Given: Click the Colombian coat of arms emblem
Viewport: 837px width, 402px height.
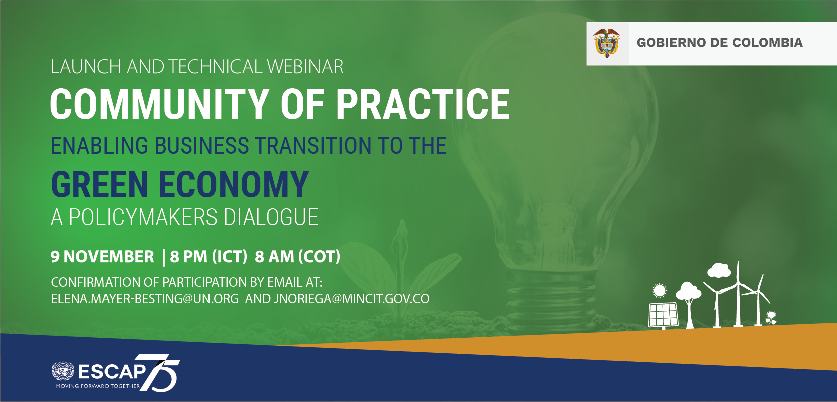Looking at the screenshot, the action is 606,43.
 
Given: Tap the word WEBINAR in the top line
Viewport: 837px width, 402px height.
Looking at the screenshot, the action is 305,67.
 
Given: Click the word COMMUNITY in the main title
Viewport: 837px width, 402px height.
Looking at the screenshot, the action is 160,104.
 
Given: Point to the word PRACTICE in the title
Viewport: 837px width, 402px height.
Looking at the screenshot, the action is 423,104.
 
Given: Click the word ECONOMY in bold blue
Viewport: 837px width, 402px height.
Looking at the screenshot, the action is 234,184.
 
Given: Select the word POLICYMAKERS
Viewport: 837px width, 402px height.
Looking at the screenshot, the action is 143,217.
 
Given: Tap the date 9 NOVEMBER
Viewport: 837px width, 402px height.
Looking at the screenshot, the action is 102,257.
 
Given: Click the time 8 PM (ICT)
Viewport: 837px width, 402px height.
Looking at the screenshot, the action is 208,257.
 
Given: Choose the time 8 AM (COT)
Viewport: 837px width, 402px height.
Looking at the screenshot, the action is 297,257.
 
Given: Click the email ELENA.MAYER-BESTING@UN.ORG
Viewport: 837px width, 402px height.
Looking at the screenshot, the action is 145,299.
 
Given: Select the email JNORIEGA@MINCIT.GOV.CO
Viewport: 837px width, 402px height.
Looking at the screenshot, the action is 351,299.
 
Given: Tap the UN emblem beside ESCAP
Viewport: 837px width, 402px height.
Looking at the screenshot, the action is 63,371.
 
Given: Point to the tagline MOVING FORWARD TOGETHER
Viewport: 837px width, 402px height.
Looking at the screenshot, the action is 98,386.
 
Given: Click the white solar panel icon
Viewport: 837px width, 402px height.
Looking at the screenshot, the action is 663,316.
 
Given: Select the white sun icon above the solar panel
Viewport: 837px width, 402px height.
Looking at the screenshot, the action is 660,291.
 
